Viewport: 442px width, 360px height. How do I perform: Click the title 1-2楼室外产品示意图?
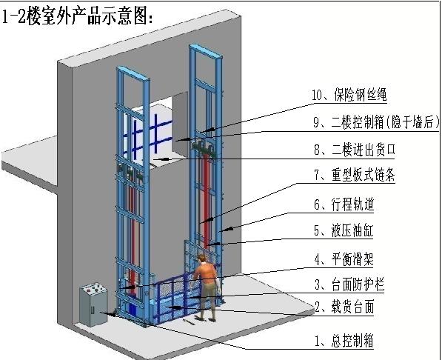coord(77,16)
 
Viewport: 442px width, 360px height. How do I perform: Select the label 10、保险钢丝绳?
coord(349,95)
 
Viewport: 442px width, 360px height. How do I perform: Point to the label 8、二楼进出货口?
coord(355,150)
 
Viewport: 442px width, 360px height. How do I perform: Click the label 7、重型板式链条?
coord(355,175)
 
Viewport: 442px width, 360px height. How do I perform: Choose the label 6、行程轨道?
coord(344,204)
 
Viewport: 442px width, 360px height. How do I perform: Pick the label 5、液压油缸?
coord(344,230)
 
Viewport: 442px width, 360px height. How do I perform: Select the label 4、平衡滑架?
coord(344,259)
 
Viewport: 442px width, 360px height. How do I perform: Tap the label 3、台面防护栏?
coord(349,284)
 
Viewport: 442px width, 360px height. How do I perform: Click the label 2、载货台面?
coord(344,307)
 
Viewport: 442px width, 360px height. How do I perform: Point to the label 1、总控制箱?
coord(344,341)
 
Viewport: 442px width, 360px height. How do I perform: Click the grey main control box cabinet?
coord(93,304)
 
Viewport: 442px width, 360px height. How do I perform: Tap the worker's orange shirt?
coord(206,273)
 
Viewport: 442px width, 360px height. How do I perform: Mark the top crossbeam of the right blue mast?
coord(206,51)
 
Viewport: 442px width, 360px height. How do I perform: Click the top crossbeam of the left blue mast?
coord(133,73)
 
